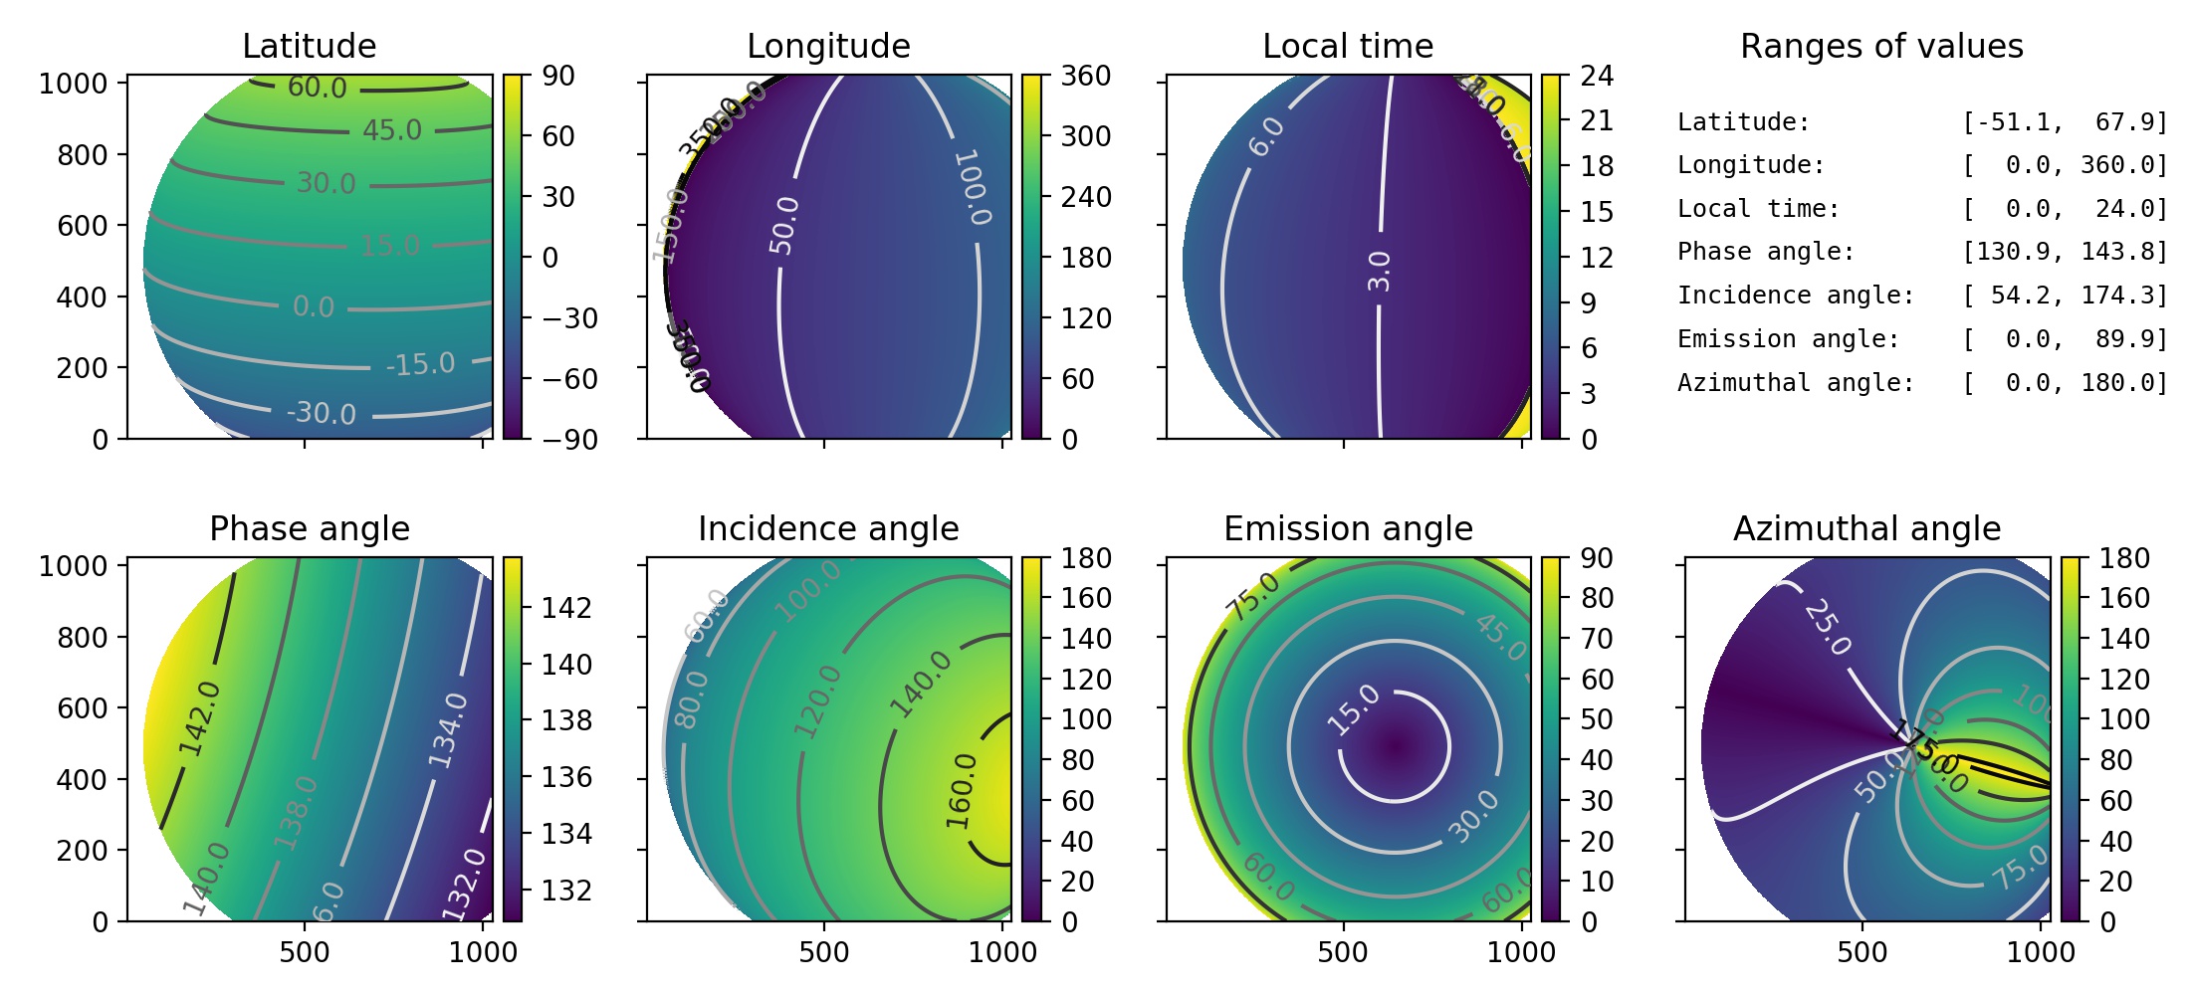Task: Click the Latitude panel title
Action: (309, 47)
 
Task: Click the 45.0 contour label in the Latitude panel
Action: (392, 130)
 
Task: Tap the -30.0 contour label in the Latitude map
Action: (321, 412)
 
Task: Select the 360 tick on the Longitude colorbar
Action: (1086, 77)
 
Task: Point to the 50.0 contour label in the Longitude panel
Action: (784, 225)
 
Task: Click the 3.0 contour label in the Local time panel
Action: (1379, 271)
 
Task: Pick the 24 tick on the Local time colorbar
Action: (1597, 77)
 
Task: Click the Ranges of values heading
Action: (1881, 47)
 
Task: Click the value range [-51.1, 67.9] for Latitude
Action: (2065, 122)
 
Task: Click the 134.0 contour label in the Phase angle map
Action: (448, 730)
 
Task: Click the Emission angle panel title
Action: (1348, 529)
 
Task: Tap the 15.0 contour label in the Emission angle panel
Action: (1355, 710)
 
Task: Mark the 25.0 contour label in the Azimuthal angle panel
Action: (1828, 627)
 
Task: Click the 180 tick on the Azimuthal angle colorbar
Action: (2124, 559)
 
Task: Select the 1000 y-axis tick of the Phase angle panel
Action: (72, 566)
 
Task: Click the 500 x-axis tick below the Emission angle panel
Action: (1343, 952)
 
